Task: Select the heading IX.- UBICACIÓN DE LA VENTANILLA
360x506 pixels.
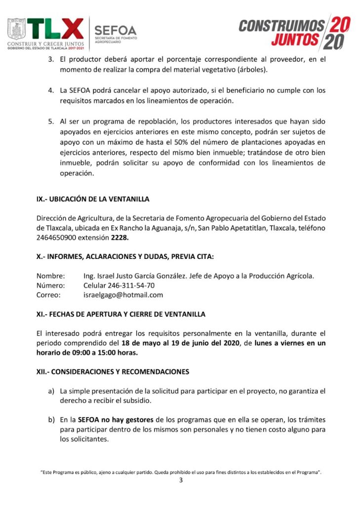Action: pos(93,199)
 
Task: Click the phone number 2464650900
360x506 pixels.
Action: pos(56,237)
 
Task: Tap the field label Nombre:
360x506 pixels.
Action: pos(50,275)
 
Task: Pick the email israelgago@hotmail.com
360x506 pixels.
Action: pos(123,295)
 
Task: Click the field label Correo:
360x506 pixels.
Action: pos(48,295)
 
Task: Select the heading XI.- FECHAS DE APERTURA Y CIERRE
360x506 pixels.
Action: pos(121,314)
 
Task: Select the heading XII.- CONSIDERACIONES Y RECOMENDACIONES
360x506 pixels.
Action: pos(113,371)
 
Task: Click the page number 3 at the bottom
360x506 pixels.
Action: pos(180,482)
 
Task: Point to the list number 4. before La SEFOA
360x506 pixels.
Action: pos(50,91)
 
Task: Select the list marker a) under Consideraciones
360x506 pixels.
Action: pos(51,391)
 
